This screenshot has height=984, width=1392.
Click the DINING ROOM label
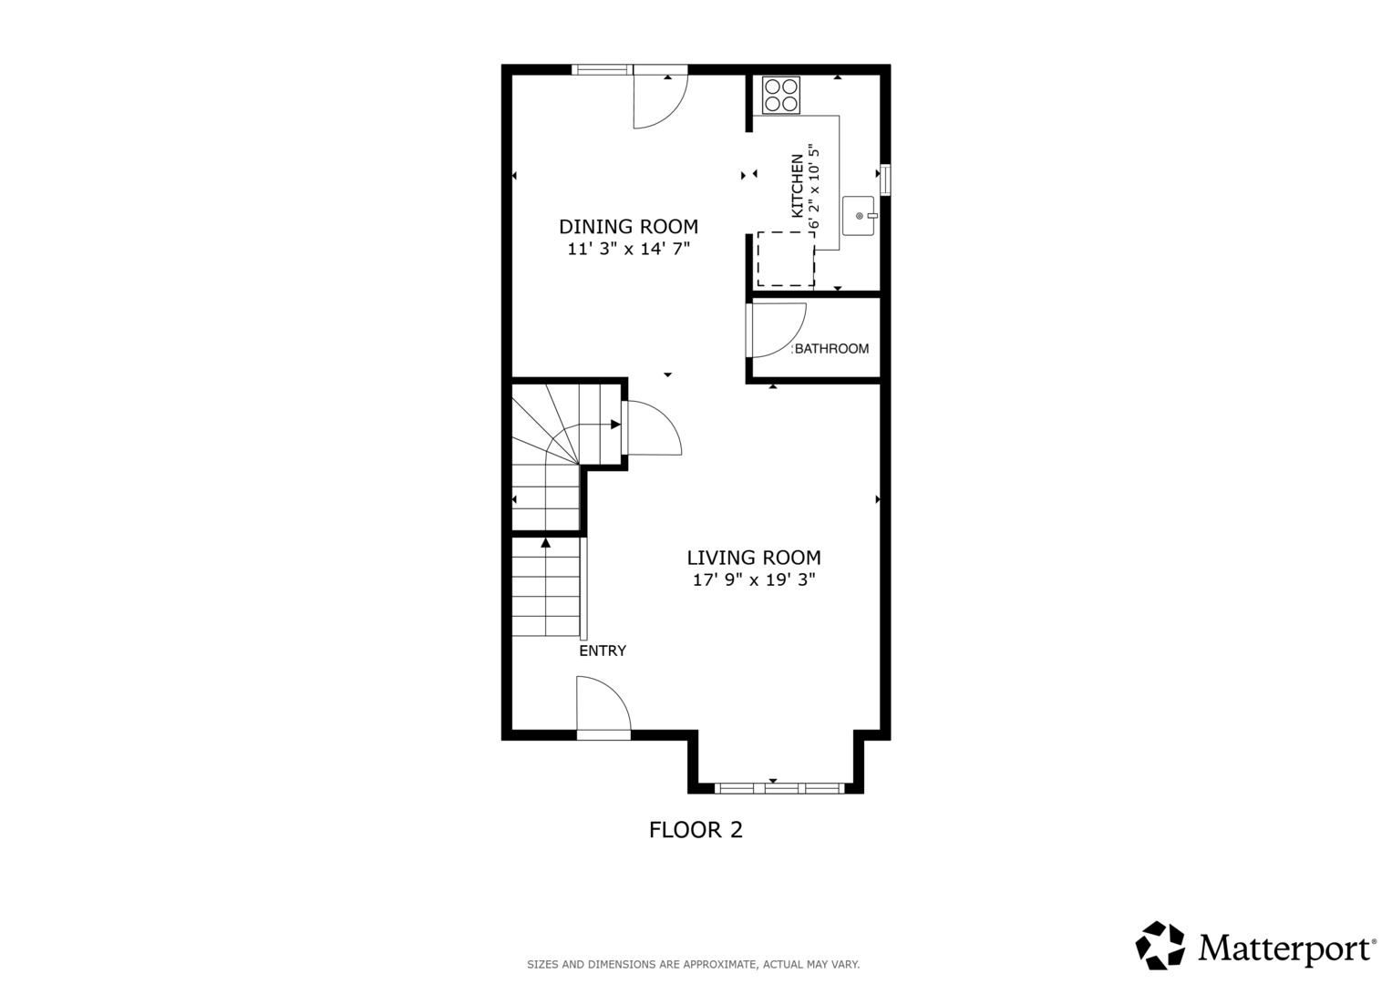pos(628,227)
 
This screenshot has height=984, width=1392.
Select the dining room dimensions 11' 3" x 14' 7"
pos(628,249)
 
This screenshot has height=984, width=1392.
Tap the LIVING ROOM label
pos(753,558)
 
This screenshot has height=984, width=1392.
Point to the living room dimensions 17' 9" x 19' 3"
pos(753,579)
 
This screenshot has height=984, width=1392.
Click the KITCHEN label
pos(798,186)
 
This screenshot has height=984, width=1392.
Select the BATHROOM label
pos(831,349)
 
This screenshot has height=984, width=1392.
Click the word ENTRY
pos(603,651)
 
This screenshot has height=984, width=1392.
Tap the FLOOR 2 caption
pos(696,830)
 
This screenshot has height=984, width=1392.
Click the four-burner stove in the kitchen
pos(781,95)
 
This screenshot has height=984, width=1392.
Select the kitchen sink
pos(858,216)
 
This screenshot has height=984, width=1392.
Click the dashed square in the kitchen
pos(785,260)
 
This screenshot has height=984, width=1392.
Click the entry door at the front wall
pos(603,707)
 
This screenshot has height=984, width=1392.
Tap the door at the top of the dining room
pos(659,98)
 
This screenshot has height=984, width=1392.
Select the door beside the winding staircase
pos(651,428)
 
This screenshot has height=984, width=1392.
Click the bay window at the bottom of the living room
pos(778,787)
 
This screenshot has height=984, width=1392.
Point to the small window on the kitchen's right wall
pos(884,179)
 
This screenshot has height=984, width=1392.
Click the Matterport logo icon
pos(1160,946)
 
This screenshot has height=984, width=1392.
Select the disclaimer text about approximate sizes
pos(693,964)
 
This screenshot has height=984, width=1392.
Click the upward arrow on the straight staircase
pos(545,544)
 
